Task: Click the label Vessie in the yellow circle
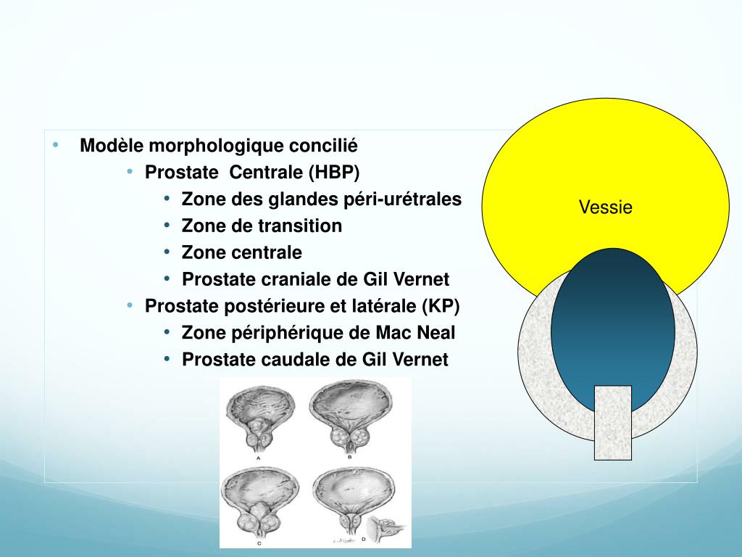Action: tap(605, 208)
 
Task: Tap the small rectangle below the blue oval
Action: tap(612, 423)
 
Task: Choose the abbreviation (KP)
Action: tap(440, 306)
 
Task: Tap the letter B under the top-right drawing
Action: tap(350, 458)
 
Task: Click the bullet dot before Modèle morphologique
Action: tap(56, 145)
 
